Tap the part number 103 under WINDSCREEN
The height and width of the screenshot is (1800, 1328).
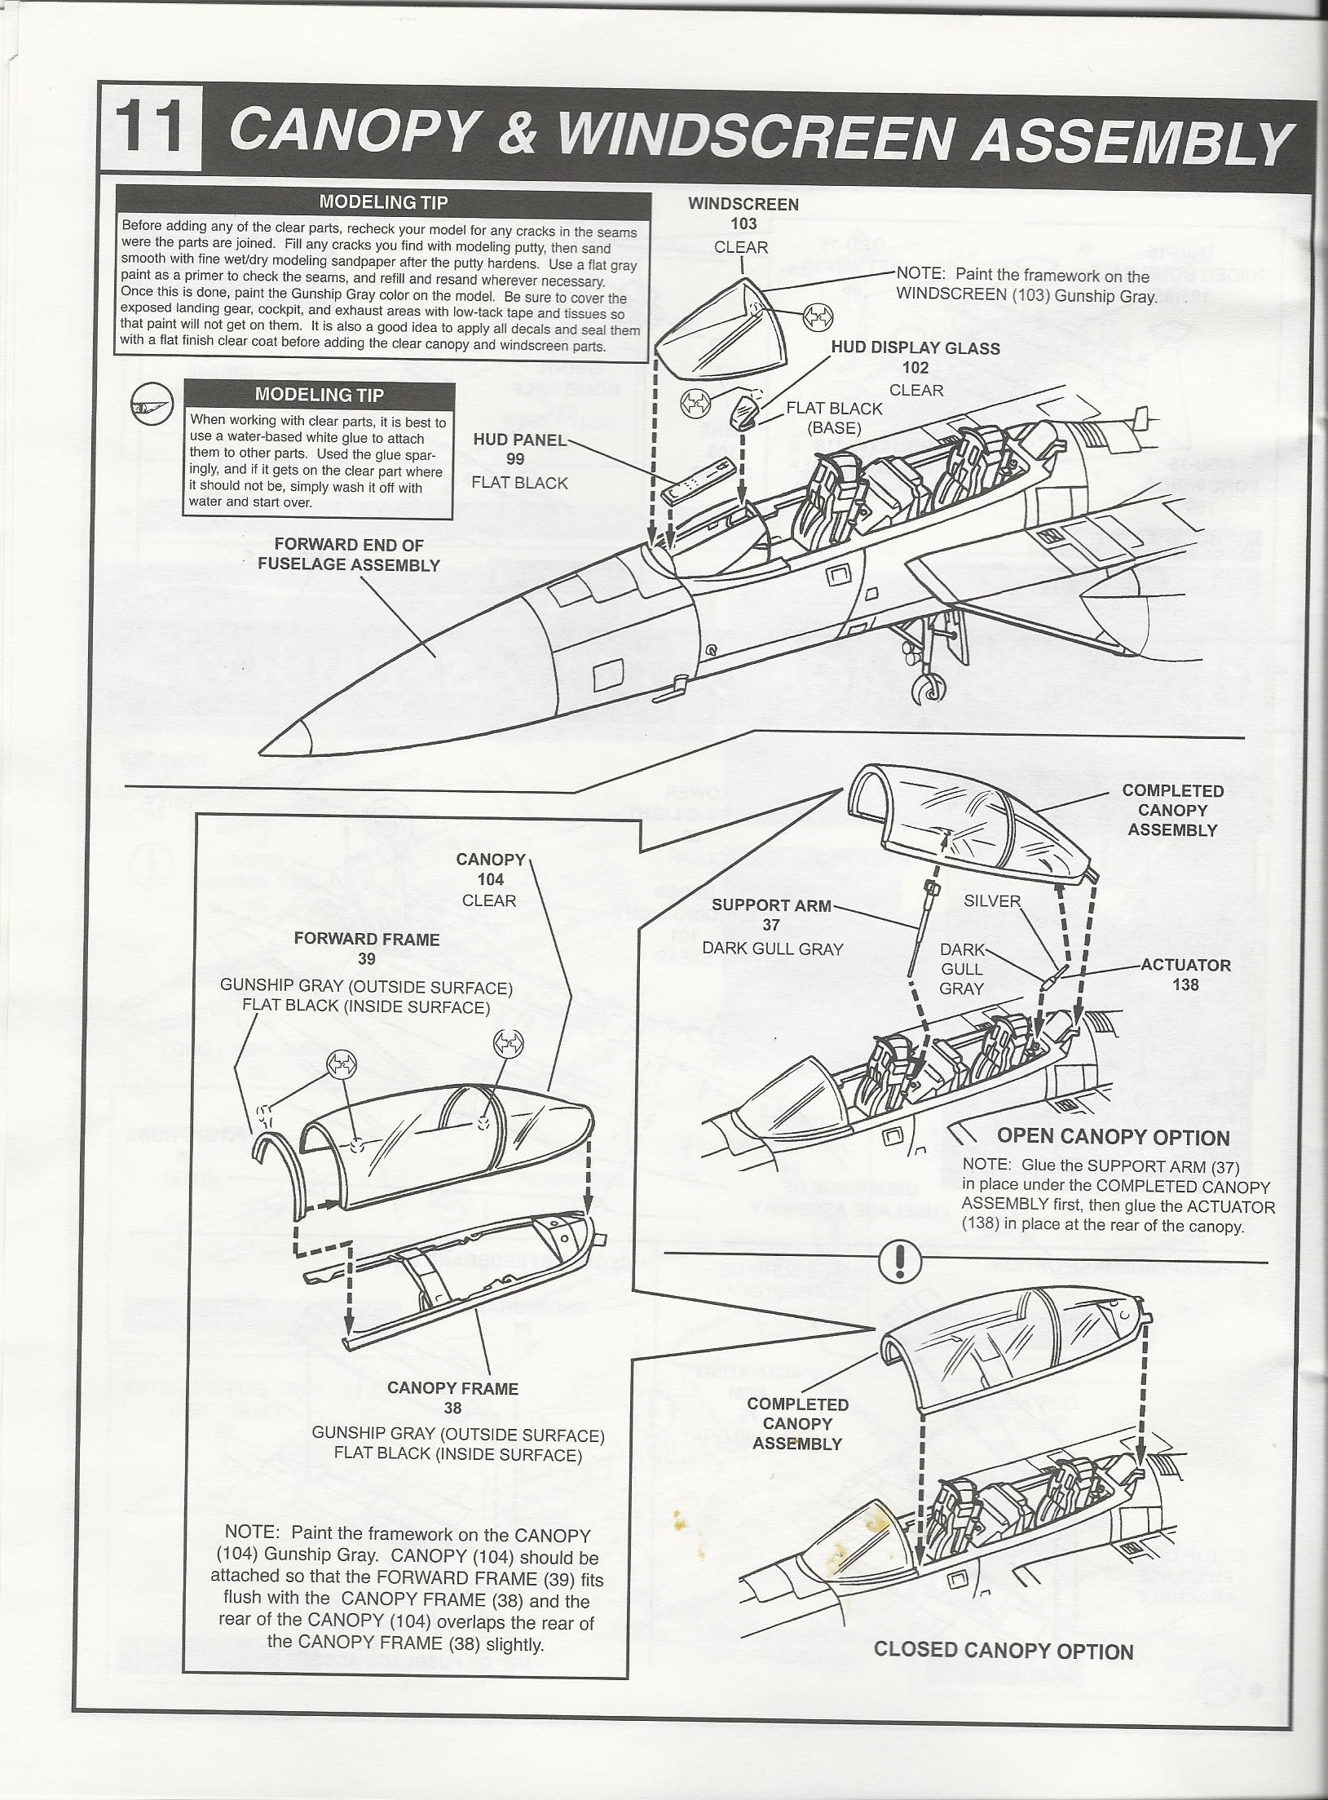(x=743, y=223)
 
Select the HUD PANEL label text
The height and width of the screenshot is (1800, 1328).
(x=520, y=440)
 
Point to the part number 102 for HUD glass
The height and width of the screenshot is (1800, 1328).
(x=915, y=368)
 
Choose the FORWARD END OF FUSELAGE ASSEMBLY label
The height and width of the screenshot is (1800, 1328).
(x=349, y=555)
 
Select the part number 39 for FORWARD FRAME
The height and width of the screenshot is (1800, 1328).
(x=366, y=958)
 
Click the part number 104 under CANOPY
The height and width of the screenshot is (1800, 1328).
(x=491, y=879)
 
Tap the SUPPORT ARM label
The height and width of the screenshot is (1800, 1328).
(x=771, y=905)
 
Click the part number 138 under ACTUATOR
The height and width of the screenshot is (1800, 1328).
(x=1185, y=984)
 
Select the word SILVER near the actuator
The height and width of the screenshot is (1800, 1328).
(x=992, y=900)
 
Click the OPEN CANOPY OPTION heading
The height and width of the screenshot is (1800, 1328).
(x=1113, y=1137)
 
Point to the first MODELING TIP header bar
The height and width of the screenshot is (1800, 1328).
(x=383, y=202)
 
